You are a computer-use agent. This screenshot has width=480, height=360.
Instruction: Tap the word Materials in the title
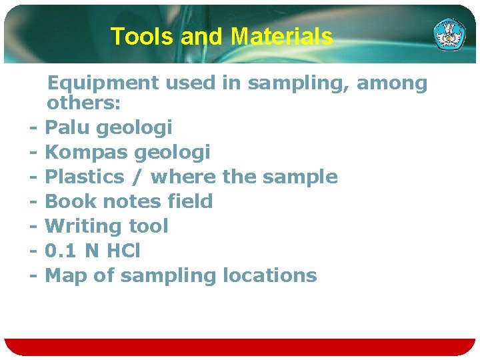pyautogui.click(x=281, y=37)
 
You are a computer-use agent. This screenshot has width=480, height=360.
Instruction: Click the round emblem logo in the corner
pyautogui.click(x=450, y=34)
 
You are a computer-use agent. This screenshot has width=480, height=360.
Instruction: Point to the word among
pyautogui.click(x=392, y=84)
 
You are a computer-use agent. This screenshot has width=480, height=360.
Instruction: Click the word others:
pyautogui.click(x=83, y=104)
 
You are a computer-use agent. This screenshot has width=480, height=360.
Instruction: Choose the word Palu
pyautogui.click(x=69, y=127)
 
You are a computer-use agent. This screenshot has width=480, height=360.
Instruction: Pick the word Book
pyautogui.click(x=70, y=201)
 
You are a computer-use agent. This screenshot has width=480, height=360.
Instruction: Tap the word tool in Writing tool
pyautogui.click(x=147, y=226)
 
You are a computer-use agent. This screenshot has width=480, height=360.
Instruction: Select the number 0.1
pyautogui.click(x=59, y=251)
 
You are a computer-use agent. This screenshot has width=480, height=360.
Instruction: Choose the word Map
pyautogui.click(x=65, y=275)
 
